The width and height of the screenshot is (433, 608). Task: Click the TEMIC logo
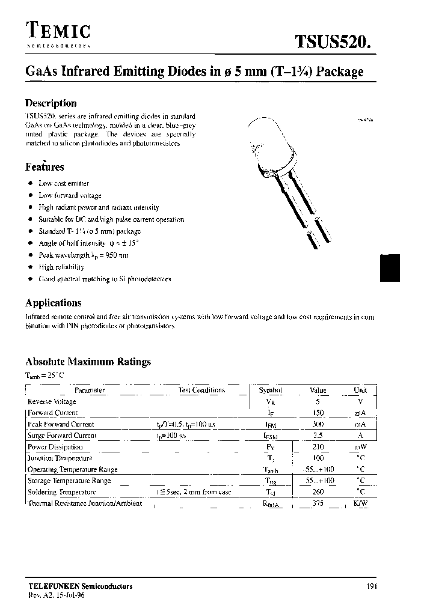click(58, 32)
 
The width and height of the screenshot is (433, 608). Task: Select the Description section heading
click(51, 103)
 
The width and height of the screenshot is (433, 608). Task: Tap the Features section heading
click(45, 167)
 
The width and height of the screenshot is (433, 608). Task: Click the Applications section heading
click(54, 303)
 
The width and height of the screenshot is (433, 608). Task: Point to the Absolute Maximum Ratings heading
click(88, 362)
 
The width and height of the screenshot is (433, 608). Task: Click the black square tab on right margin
click(390, 267)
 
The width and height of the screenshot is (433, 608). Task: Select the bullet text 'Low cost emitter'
click(64, 183)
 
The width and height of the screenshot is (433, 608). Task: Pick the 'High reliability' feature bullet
click(61, 267)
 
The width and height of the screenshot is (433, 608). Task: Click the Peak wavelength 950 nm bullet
click(84, 255)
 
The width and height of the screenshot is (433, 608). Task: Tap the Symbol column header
click(270, 391)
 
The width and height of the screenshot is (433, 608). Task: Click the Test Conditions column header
click(201, 391)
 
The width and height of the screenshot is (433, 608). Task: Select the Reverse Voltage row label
click(52, 401)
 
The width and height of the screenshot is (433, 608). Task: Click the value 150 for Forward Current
click(318, 413)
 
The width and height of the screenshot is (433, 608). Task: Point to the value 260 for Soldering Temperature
click(318, 492)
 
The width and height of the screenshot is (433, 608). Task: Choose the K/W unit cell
click(360, 503)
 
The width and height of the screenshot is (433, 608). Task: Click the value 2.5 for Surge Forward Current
click(318, 436)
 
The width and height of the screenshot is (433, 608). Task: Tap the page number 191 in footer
click(370, 586)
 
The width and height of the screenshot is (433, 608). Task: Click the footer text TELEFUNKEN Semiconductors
click(80, 586)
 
